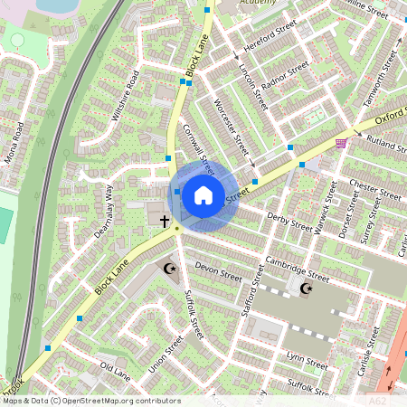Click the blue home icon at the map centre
point(203,194)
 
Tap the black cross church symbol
point(166,221)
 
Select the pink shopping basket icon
point(341,143)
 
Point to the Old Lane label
point(115,370)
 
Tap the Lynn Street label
point(307,360)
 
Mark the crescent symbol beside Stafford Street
point(306,289)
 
